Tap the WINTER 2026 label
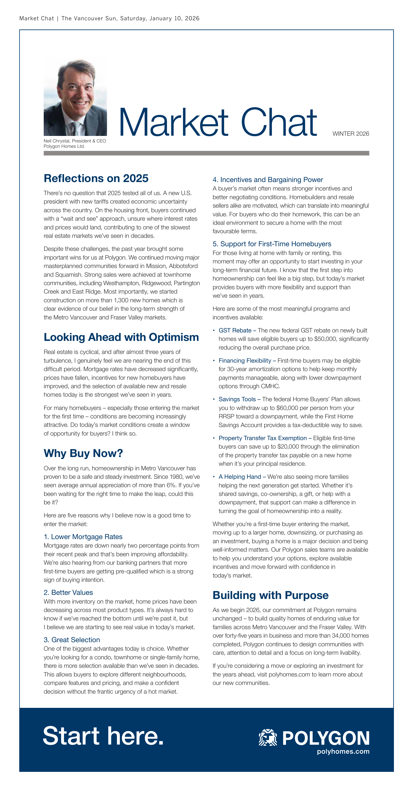(x=351, y=134)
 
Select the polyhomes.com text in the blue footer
(x=343, y=751)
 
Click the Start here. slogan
(x=103, y=736)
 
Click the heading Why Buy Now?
(x=83, y=453)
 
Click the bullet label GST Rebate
(x=235, y=330)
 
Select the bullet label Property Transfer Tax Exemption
(x=263, y=438)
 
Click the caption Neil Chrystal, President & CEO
(x=75, y=141)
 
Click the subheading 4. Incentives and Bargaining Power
(x=268, y=180)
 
